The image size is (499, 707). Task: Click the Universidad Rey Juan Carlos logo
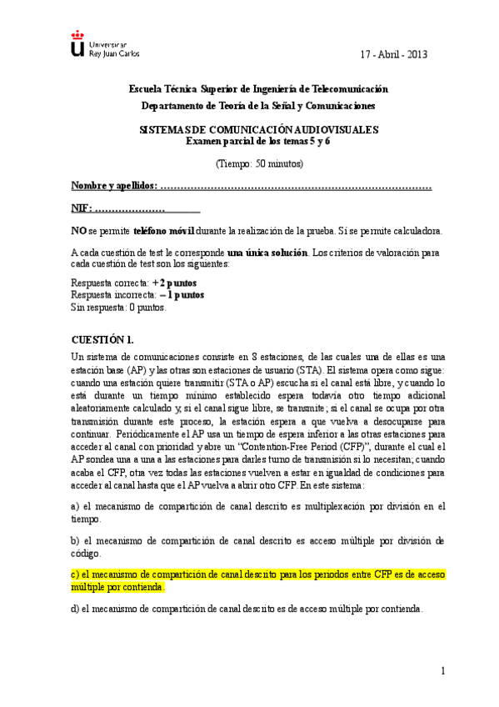[x=105, y=47]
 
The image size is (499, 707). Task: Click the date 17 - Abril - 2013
[x=394, y=54]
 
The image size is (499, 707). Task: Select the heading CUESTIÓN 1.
[x=102, y=340]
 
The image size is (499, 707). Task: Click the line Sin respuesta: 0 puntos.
[x=119, y=307]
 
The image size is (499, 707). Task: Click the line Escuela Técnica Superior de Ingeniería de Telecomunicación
[x=258, y=88]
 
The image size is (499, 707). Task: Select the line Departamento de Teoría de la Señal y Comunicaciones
[x=258, y=106]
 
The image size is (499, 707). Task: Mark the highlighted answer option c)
[x=258, y=580]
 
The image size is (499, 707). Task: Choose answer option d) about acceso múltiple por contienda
[x=247, y=609]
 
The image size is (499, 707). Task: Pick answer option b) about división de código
[x=258, y=546]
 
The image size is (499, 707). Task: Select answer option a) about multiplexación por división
[x=258, y=511]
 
